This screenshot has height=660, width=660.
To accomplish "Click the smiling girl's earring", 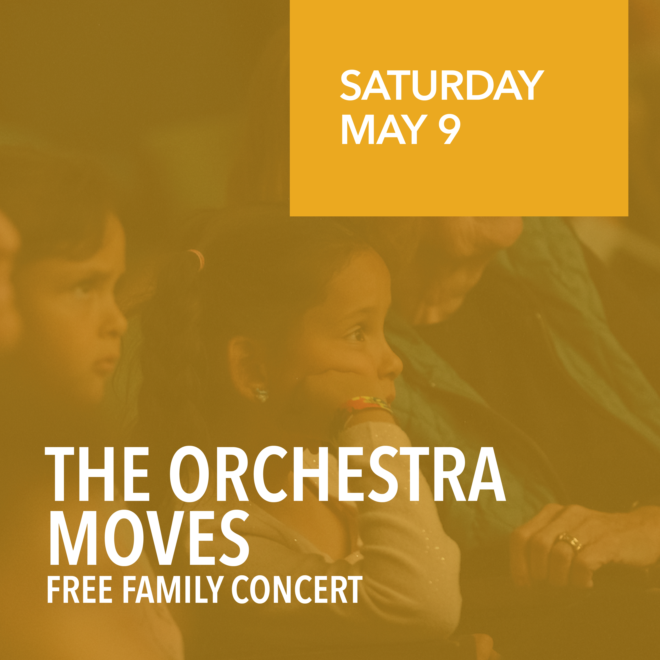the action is [261, 393].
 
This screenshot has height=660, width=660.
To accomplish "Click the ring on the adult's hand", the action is [570, 540].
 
